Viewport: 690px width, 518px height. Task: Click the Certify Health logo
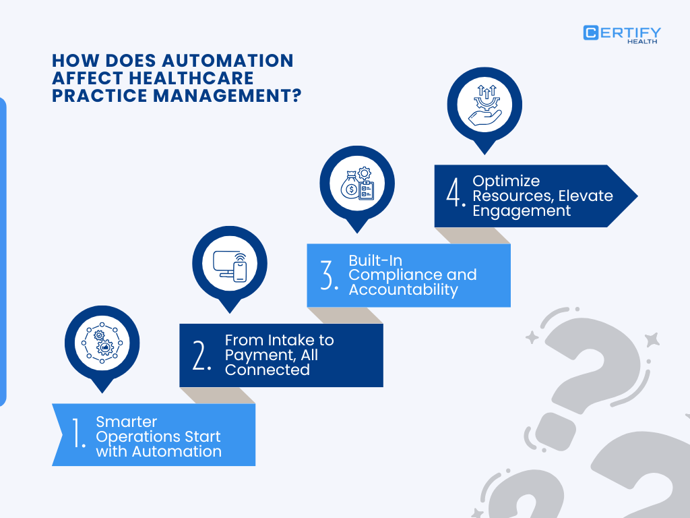pos(622,34)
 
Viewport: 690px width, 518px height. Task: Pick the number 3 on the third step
pos(330,275)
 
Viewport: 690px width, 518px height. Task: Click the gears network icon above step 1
pos(102,343)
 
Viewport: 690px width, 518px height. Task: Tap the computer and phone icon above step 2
pos(230,263)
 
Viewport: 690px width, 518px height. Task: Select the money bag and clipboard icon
pos(357,183)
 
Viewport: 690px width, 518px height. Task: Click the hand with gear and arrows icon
pos(484,105)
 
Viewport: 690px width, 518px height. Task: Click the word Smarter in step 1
pos(127,422)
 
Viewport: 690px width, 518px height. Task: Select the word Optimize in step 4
pos(506,181)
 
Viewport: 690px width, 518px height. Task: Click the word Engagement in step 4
pos(522,210)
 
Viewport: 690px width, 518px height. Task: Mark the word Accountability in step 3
pos(403,290)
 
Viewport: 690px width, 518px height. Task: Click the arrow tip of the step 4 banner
pos(633,196)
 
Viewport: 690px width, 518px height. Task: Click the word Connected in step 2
pos(268,370)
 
